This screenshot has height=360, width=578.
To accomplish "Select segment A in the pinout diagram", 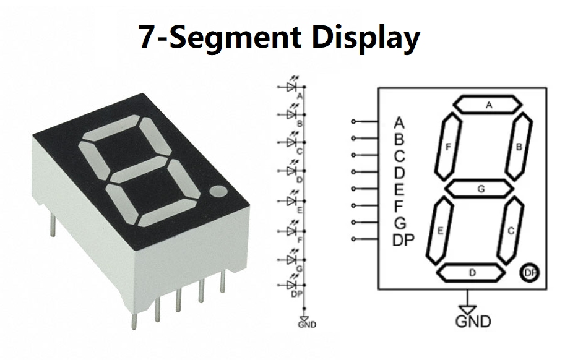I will point(488,105).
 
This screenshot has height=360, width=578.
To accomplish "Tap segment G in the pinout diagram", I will point(480,188).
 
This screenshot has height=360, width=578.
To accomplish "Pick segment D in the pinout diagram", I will point(472,272).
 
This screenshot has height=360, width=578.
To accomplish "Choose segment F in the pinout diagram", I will point(449,146).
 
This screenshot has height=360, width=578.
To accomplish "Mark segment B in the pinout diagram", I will point(519,146).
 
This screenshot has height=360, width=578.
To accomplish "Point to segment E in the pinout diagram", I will point(440,231).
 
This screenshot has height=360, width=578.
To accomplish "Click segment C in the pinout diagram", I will point(511,231).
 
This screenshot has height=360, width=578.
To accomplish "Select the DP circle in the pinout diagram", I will point(530,272).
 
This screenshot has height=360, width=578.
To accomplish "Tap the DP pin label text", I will point(404,240).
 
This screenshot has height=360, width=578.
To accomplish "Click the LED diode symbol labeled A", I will point(292,88).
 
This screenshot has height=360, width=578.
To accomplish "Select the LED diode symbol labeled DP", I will point(292,285).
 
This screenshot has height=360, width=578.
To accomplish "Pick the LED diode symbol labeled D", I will point(292,171).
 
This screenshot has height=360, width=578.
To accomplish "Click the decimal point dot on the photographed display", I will point(218,192).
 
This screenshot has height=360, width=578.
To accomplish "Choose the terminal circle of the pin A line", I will point(353,121).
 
